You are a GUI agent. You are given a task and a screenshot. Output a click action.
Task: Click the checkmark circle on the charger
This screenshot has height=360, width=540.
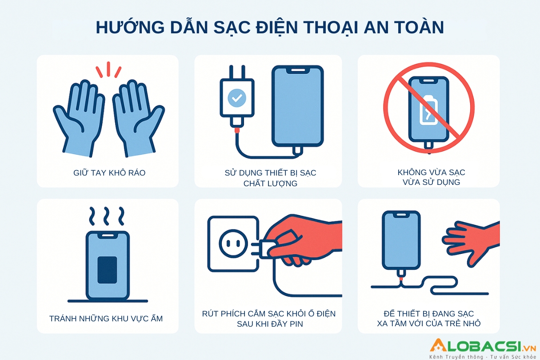pos(237,98)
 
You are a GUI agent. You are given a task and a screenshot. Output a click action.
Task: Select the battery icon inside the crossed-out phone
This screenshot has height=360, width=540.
pos(428,110)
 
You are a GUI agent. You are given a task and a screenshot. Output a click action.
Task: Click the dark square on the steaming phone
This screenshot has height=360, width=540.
pos(107,270)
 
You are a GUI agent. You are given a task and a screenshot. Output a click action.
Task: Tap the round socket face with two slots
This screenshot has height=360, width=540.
pos(233,244)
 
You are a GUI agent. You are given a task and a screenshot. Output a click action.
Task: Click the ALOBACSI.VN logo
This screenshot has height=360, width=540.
pos(482,345)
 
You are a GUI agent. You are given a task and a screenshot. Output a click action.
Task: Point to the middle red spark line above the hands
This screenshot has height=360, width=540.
pos(108,69)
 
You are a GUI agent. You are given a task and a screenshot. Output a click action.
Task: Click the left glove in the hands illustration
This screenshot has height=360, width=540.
pos(79,118)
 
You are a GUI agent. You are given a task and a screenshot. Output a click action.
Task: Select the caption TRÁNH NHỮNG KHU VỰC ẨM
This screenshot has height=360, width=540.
pos(106,318)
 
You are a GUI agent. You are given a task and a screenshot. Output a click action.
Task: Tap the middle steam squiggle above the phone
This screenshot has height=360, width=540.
pos(107,216)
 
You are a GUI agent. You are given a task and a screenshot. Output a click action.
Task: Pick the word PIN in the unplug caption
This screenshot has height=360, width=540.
pos(296,324)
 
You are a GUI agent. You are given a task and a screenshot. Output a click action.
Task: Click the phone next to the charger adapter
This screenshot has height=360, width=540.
pos(298,106)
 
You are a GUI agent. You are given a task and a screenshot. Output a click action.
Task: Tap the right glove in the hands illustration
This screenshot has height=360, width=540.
pos(139,118)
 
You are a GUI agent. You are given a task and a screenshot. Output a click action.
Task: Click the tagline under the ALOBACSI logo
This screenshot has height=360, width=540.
pos(483,356)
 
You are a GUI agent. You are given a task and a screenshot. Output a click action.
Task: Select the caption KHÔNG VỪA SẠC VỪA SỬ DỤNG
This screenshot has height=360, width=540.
pos(431,177)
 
